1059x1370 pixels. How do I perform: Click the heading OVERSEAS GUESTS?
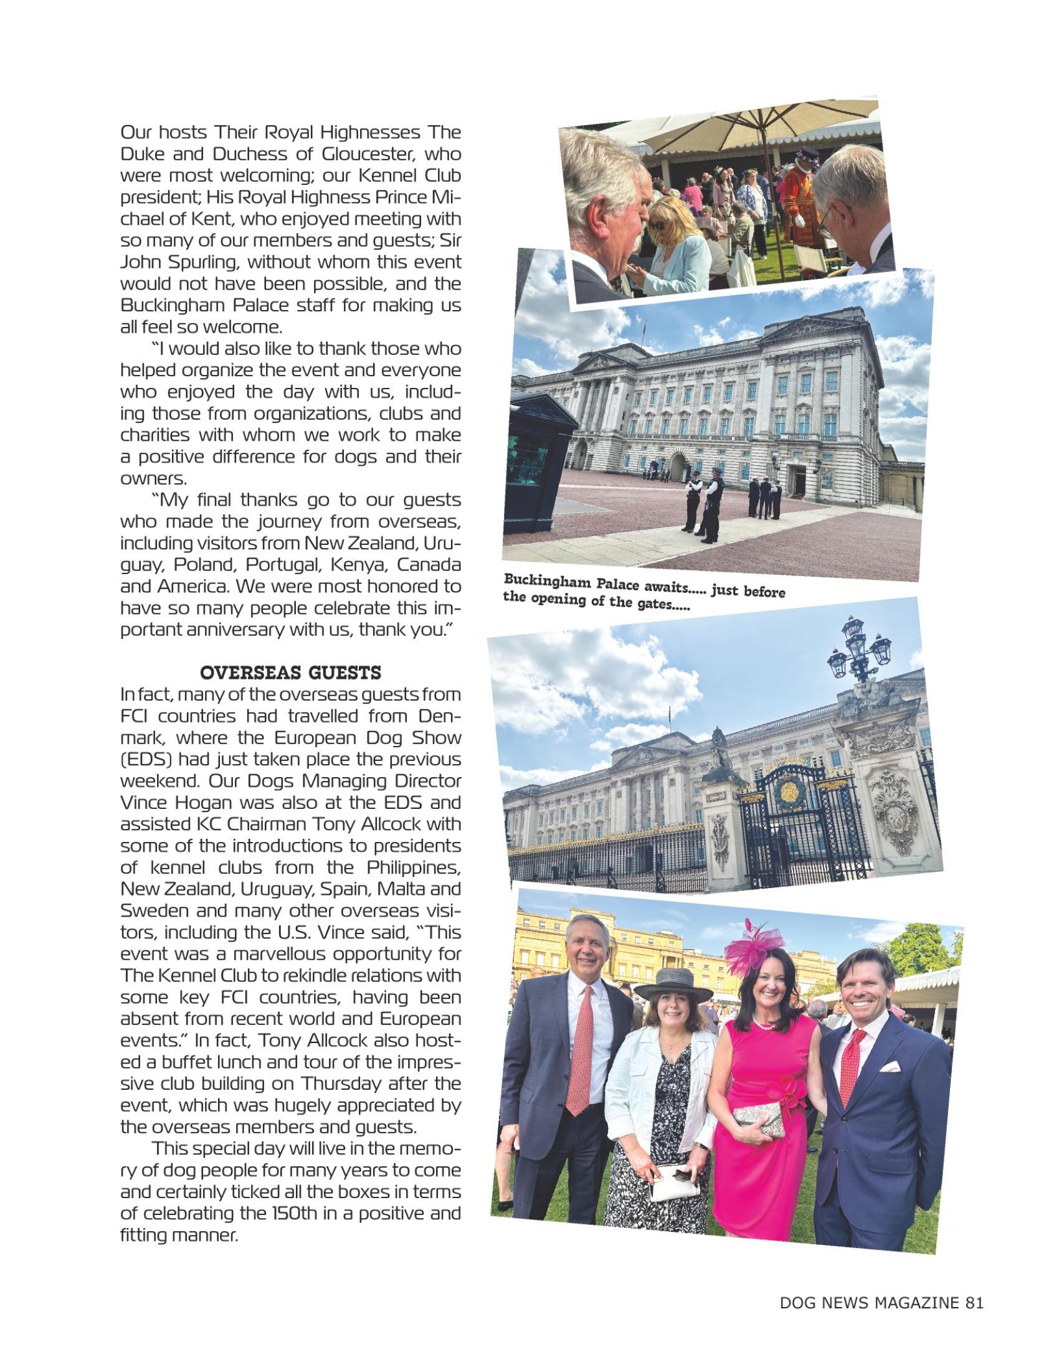point(290,674)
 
